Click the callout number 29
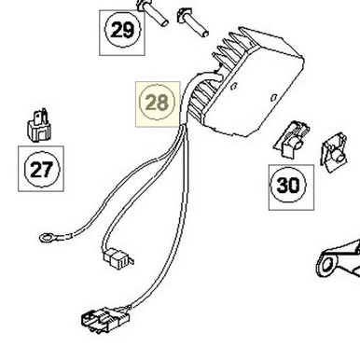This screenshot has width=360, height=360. [x=121, y=31]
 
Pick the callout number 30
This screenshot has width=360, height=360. [x=288, y=185]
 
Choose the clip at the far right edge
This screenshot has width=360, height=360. [x=333, y=156]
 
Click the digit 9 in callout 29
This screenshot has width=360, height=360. [x=129, y=31]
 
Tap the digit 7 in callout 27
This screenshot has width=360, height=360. [x=48, y=169]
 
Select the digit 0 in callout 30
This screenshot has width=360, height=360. [x=295, y=185]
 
